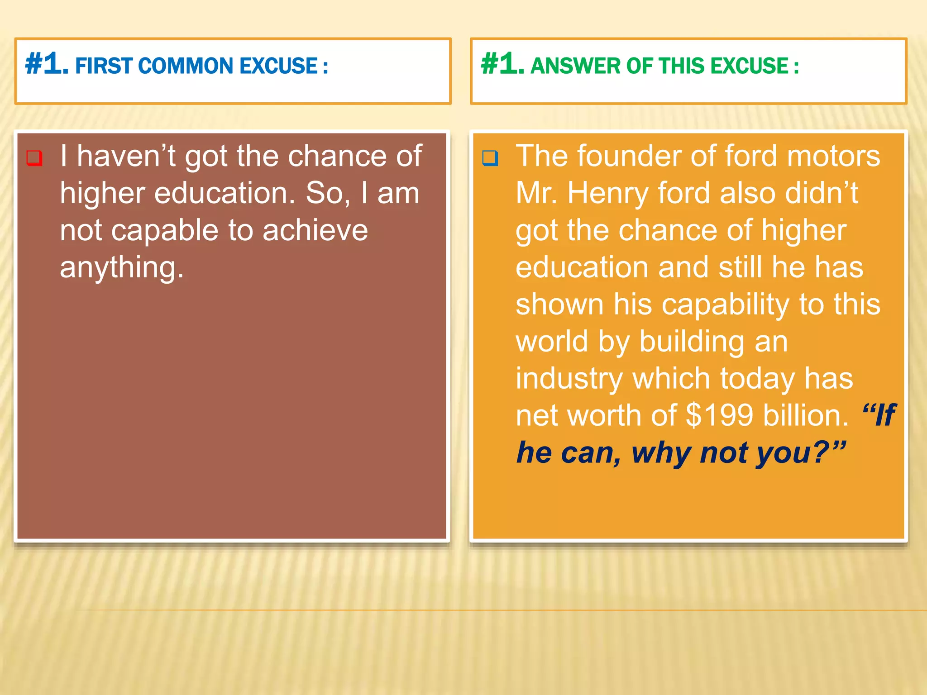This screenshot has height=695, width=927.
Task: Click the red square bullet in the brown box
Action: point(35,158)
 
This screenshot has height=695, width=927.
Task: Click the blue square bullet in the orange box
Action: point(490,158)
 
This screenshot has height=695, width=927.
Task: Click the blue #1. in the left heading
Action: point(47,64)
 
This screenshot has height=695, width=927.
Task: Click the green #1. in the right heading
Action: point(502,64)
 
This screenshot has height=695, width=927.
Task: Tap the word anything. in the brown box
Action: point(122,268)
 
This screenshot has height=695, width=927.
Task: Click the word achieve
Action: point(315,230)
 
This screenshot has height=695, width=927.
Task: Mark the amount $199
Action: point(719,415)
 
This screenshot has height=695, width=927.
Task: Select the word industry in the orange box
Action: point(569,378)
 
